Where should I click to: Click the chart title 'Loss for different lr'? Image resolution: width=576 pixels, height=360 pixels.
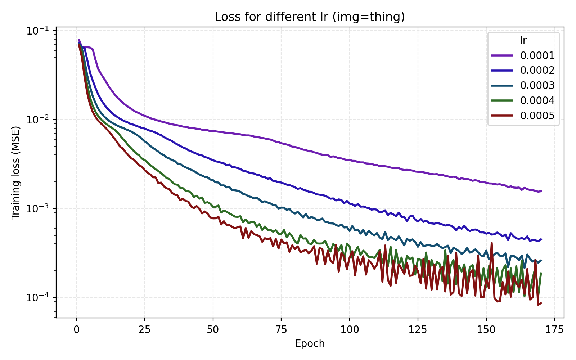tap(310, 17)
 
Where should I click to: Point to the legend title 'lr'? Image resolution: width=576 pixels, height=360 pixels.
tap(523, 41)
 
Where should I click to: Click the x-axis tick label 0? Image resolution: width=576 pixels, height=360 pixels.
tap(76, 330)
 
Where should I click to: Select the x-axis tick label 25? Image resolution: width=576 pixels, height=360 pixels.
tap(144, 330)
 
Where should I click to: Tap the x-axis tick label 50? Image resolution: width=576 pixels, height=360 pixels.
tap(213, 330)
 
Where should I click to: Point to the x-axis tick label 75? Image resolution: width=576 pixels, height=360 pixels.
tap(281, 330)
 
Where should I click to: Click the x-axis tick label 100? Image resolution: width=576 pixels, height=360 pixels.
tap(349, 330)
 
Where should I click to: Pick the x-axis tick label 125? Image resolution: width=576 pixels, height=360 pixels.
tap(418, 330)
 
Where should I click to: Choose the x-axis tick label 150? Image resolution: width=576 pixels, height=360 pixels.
tap(486, 330)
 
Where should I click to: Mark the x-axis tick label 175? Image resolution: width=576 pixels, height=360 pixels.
tap(554, 330)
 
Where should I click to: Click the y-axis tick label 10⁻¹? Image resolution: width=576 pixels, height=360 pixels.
tap(39, 31)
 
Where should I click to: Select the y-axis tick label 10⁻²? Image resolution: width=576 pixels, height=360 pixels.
tap(39, 120)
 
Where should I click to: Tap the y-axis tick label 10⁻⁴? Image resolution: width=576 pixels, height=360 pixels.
tap(39, 298)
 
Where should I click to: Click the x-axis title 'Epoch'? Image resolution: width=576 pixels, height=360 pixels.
tap(310, 344)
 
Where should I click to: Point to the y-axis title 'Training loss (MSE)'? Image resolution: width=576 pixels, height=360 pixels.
tap(16, 173)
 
